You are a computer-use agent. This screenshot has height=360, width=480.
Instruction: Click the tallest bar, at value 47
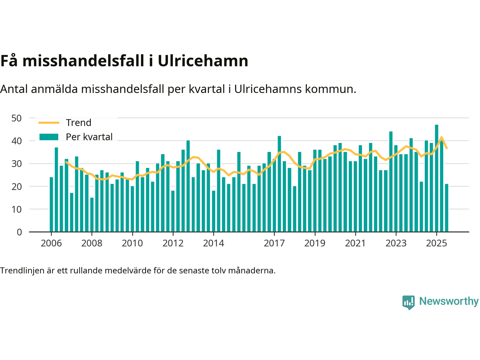[x=436, y=178]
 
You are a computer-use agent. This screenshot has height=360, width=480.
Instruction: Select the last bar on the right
[x=447, y=208]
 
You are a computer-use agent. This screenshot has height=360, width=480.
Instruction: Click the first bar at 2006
[x=51, y=204]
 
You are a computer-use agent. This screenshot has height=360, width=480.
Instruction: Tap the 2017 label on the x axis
[x=274, y=243]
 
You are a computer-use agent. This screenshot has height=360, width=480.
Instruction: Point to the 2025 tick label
[x=436, y=243]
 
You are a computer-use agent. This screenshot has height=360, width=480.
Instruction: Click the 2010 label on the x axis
[x=132, y=243]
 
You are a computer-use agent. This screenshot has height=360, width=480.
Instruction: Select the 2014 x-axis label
[x=213, y=243]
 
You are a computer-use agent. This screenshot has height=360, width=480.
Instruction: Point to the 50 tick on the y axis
[x=17, y=118]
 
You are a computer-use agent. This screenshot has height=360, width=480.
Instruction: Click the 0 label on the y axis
[x=19, y=232]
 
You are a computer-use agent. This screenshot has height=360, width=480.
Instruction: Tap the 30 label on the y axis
[x=17, y=164]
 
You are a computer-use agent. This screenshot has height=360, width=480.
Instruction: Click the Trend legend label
[x=78, y=123]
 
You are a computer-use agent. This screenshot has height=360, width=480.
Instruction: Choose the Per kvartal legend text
[x=89, y=137]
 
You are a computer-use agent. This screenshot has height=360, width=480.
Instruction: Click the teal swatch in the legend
[x=49, y=137]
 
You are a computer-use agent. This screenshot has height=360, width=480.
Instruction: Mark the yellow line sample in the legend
[x=49, y=123]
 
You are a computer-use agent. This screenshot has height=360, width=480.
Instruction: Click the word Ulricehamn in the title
[x=203, y=61]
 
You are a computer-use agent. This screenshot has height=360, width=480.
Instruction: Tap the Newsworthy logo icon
[x=408, y=302]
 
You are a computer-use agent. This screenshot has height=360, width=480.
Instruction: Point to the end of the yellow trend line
[x=447, y=148]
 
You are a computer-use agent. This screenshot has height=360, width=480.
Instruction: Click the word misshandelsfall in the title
[x=84, y=61]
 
